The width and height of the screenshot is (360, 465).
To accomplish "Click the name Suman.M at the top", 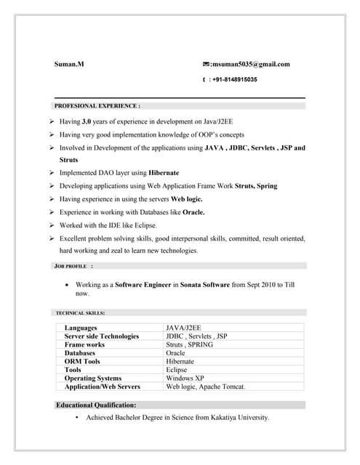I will tap(69, 64).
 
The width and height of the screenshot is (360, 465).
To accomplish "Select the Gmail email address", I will tap(250, 64).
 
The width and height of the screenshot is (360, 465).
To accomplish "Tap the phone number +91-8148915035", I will tap(235, 79).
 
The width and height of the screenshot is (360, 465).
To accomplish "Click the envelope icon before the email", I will tap(206, 64).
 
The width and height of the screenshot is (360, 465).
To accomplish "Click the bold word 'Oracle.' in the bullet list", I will tap(193, 212).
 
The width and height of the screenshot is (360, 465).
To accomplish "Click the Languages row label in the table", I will tap(81, 328).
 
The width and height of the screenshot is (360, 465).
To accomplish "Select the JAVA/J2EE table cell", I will tap(185, 328).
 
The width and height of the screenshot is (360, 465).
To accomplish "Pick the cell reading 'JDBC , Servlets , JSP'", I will tap(196, 336).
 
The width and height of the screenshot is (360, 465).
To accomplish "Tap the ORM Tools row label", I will tap(82, 361).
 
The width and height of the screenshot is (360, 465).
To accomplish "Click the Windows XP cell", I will tap(185, 378).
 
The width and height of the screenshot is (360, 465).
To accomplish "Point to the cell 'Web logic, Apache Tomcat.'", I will tap(206, 387).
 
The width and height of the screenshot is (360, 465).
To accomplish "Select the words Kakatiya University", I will tap(237, 418).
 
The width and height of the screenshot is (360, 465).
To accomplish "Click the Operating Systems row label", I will tap(93, 378).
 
